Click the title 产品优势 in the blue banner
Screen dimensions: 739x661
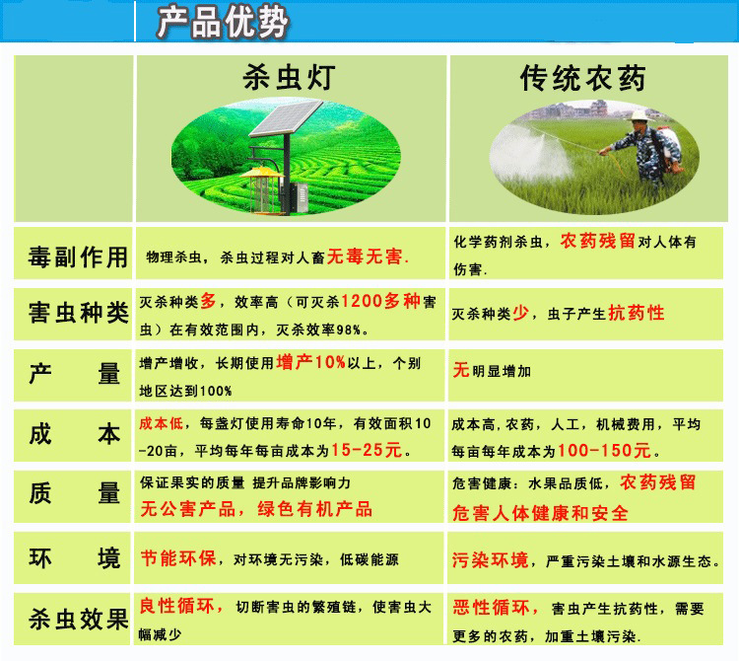pyautogui.click(x=222, y=22)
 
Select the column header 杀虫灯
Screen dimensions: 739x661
pyautogui.click(x=289, y=77)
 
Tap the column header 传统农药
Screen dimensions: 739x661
pyautogui.click(x=583, y=78)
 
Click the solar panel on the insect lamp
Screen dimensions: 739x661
pyautogui.click(x=286, y=118)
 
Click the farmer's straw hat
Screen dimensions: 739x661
pyautogui.click(x=639, y=116)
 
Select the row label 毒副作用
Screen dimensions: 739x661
pyautogui.click(x=78, y=257)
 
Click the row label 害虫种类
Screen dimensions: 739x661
pyautogui.click(x=78, y=313)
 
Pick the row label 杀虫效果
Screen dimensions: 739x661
pyautogui.click(x=78, y=619)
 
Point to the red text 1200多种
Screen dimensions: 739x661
pyautogui.click(x=380, y=301)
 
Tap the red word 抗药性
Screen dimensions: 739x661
pyautogui.click(x=637, y=313)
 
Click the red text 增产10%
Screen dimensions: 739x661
pyautogui.click(x=311, y=362)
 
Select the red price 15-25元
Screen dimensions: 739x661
pyautogui.click(x=367, y=450)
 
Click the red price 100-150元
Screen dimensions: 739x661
pyautogui.click(x=604, y=451)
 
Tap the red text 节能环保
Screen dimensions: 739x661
pyautogui.click(x=178, y=558)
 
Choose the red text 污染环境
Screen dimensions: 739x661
pyautogui.click(x=491, y=560)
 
